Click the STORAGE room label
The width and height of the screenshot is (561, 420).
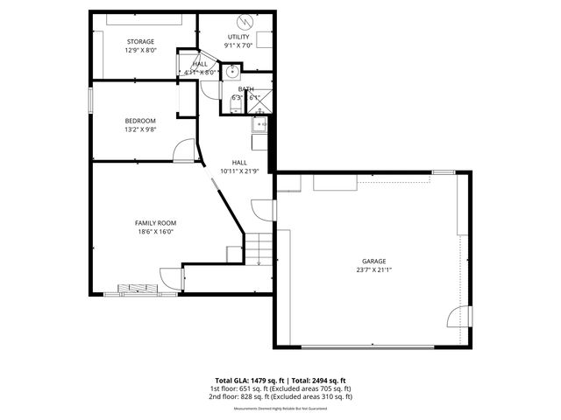[x=140, y=42]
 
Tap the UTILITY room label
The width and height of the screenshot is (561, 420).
[x=238, y=37]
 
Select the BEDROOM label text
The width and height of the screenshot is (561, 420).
[x=140, y=121]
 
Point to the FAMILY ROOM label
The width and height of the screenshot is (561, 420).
[x=155, y=223]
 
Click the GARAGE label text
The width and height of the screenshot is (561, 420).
[x=374, y=261]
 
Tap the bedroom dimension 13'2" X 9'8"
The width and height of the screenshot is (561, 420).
[x=140, y=129]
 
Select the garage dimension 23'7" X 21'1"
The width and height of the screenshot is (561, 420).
[x=374, y=269]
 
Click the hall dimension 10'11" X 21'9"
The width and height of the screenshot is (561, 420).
[x=239, y=171]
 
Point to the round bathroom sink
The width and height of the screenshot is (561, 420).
[x=233, y=72]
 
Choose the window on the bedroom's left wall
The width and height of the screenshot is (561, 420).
[x=90, y=99]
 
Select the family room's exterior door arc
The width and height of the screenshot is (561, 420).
[x=171, y=279]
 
